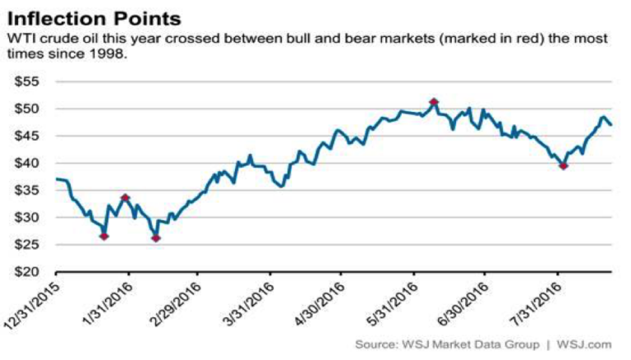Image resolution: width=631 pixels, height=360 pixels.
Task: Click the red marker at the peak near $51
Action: [434, 102]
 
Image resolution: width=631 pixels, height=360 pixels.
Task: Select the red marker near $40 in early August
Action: [563, 166]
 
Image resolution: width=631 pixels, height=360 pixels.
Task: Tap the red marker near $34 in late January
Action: [125, 197]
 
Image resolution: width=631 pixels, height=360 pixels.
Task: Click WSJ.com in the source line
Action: [585, 344]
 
